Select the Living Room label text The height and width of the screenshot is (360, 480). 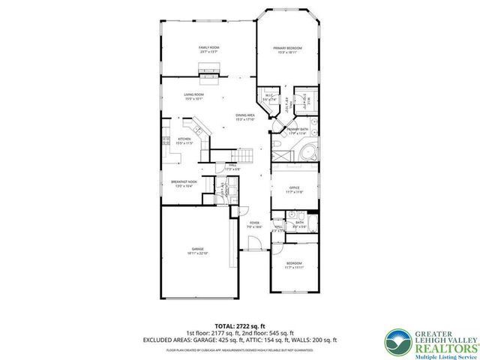194,96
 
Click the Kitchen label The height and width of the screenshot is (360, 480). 184,140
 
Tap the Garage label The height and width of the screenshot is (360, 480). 197,250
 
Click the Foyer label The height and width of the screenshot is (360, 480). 254,224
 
